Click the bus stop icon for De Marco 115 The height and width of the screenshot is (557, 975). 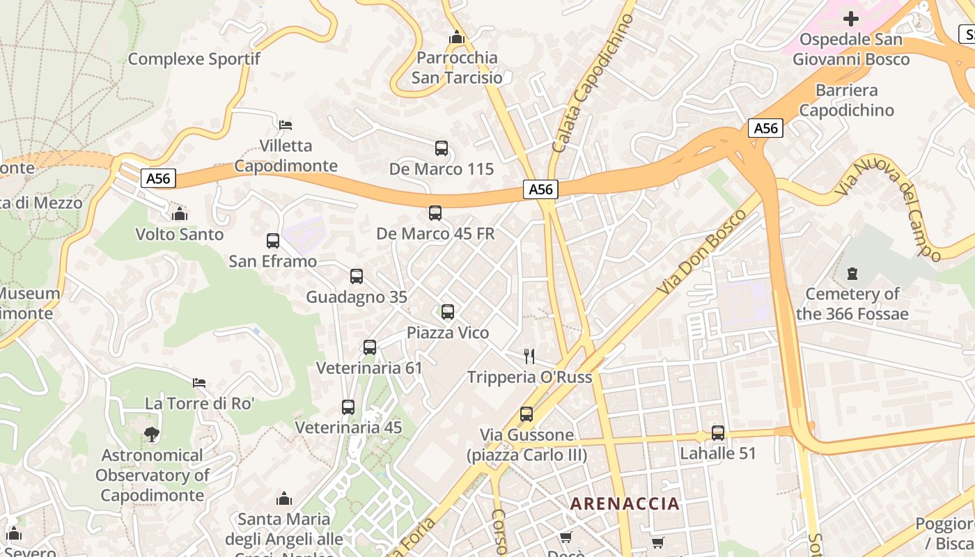tap(442, 148)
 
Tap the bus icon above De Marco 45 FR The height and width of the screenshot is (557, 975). tap(435, 213)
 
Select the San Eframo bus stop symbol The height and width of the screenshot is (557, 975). tap(273, 241)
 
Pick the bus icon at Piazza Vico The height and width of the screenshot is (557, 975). tap(448, 312)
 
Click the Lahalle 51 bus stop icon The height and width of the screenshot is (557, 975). tap(718, 433)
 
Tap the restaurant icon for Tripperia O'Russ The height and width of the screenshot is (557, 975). tap(529, 356)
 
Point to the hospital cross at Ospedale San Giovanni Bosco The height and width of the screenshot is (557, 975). tap(851, 19)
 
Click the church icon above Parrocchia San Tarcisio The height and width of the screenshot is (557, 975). tap(457, 37)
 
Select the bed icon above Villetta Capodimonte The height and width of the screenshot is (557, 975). tap(286, 125)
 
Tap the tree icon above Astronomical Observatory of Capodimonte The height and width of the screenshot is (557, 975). tap(152, 435)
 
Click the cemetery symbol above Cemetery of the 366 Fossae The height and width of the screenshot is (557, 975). tap(852, 274)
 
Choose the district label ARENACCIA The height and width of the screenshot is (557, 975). tap(625, 503)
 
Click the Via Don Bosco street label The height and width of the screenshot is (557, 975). tap(701, 251)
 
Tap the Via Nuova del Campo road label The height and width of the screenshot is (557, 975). tap(889, 207)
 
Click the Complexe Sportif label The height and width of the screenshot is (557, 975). tap(194, 59)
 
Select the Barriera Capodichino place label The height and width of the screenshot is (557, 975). tap(846, 100)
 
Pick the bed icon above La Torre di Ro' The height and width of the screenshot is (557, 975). tap(199, 383)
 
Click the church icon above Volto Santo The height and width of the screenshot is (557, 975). tap(180, 214)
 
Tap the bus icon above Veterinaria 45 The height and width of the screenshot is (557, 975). tap(348, 407)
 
